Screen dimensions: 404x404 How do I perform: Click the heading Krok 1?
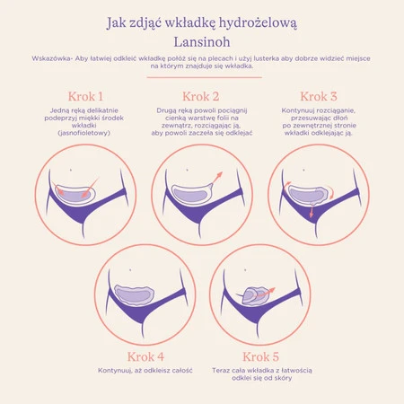85,96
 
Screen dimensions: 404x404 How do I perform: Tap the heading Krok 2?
201,96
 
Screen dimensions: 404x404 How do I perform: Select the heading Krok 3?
319,96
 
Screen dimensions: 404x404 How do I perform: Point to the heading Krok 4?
145,356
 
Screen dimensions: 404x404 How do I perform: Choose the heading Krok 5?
260,356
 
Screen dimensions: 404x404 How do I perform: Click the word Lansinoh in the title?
202,42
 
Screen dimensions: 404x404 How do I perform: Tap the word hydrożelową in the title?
252,23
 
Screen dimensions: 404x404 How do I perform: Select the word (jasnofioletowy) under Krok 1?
84,133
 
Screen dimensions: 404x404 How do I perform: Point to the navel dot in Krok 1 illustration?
71,170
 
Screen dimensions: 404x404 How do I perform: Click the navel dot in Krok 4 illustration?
130,270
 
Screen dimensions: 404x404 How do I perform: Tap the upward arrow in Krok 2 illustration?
217,178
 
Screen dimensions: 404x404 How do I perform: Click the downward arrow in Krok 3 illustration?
312,210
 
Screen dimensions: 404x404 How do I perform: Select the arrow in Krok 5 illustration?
262,294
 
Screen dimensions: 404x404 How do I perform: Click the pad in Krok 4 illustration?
135,294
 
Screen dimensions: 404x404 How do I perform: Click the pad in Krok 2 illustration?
192,195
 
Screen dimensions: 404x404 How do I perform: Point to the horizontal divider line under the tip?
205,77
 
